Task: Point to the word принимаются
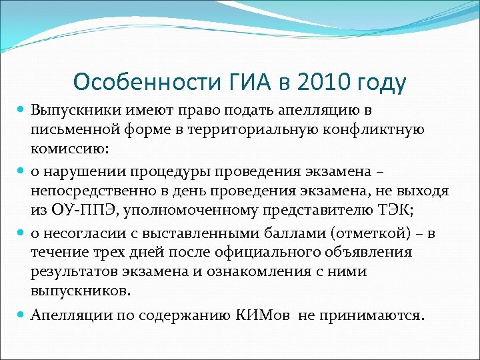click(377, 314)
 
